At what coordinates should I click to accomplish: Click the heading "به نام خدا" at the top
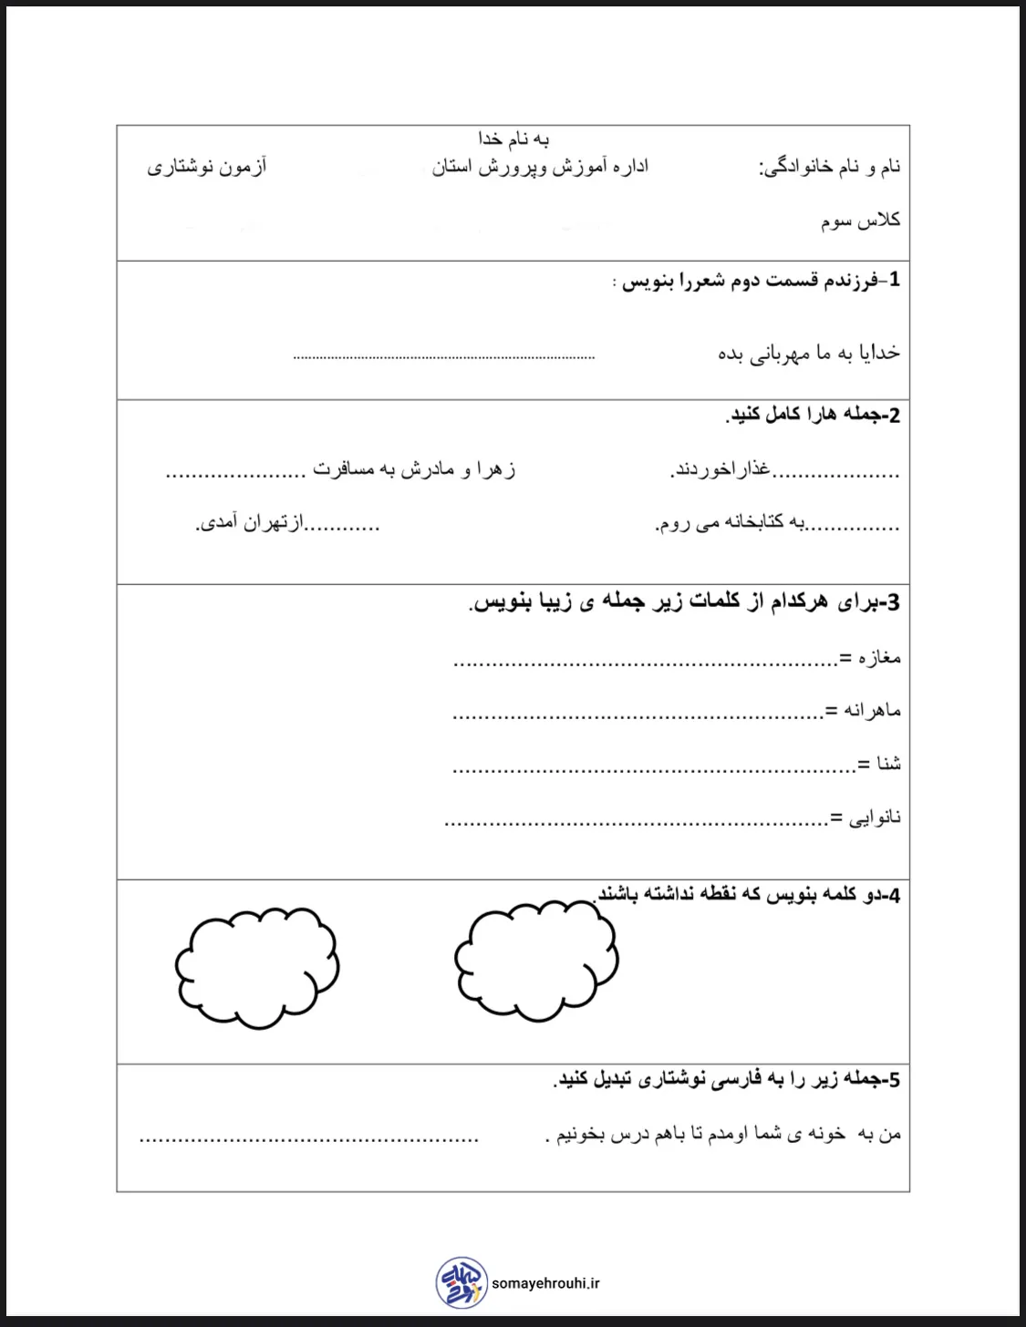pyautogui.click(x=513, y=139)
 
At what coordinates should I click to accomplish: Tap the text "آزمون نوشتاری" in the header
pyautogui.click(x=207, y=168)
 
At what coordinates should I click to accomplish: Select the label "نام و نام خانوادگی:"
pyautogui.click(x=830, y=168)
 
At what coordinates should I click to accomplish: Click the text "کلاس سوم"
pyautogui.click(x=860, y=221)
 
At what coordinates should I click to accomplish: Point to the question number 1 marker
pyautogui.click(x=894, y=280)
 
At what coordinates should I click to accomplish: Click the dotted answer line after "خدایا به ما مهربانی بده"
pyautogui.click(x=444, y=356)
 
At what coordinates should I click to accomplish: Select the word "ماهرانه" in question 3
pyautogui.click(x=874, y=711)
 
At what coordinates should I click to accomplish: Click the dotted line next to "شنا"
pyautogui.click(x=652, y=768)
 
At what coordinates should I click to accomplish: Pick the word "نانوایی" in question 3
pyautogui.click(x=875, y=818)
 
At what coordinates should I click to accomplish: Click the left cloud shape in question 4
pyautogui.click(x=257, y=966)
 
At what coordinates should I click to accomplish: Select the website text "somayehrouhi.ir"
pyautogui.click(x=545, y=1283)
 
